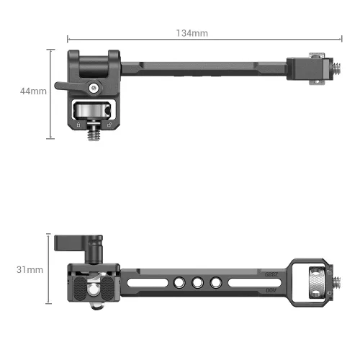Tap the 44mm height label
[34, 91]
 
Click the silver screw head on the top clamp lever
[92, 88]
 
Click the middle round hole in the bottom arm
[196, 282]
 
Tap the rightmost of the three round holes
[212, 282]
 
